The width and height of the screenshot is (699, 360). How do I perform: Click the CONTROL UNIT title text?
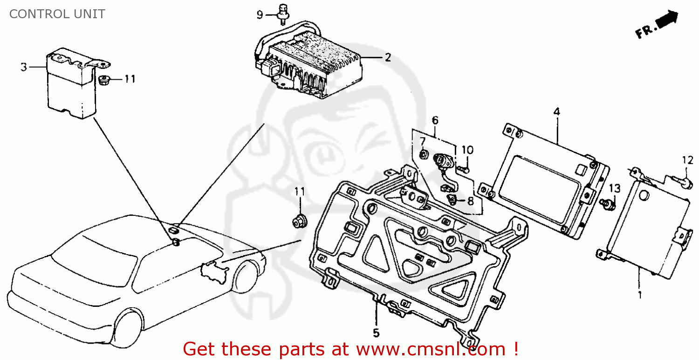[57, 14]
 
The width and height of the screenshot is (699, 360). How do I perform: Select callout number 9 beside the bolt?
[260, 14]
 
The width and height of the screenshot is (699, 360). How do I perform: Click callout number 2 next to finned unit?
[388, 57]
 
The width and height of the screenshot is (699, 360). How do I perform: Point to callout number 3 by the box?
[24, 67]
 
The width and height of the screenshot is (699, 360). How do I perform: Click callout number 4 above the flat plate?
[557, 112]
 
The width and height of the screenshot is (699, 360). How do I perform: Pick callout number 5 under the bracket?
[376, 333]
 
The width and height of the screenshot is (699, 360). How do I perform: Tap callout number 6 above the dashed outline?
[435, 120]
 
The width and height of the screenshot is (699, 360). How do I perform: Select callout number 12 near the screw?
[687, 160]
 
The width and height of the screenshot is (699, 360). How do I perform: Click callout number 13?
[615, 188]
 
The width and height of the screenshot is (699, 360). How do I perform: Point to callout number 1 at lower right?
[640, 295]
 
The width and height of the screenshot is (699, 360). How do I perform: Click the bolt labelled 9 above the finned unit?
[283, 14]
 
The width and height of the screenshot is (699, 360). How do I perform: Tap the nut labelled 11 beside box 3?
[103, 80]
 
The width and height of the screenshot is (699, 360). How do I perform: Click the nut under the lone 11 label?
[300, 221]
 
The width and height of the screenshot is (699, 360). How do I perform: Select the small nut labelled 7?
[424, 154]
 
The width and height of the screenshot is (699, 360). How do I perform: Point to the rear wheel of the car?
[246, 276]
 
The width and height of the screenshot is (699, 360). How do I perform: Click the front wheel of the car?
[128, 328]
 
